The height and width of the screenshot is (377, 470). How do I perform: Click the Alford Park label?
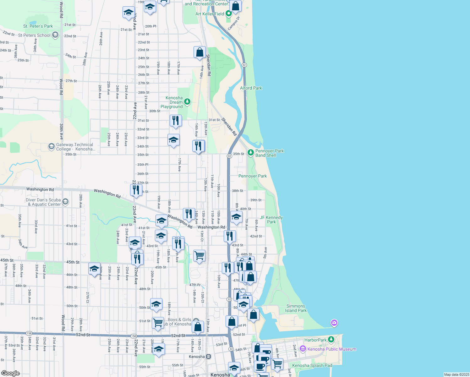pyautogui.click(x=251, y=88)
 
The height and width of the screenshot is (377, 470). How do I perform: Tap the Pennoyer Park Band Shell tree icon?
pyautogui.click(x=250, y=153)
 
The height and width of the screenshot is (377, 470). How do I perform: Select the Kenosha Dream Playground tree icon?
pyautogui.click(x=187, y=101)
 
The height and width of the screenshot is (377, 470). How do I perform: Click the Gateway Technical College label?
pyautogui.click(x=75, y=147)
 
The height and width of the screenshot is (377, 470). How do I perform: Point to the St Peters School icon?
pyautogui.click(x=55, y=35)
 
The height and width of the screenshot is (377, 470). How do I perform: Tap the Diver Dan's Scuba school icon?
pyautogui.click(x=65, y=202)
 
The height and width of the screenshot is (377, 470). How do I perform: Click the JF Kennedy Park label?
pyautogui.click(x=271, y=220)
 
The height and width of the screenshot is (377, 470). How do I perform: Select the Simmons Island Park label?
pyautogui.click(x=296, y=308)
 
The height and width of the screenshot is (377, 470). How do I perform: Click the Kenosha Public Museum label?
pyautogui.click(x=332, y=349)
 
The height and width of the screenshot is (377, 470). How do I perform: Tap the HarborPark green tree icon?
pyautogui.click(x=331, y=340)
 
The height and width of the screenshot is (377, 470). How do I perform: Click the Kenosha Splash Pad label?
pyautogui.click(x=312, y=365)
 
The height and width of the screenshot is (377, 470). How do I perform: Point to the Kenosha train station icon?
pyautogui.click(x=208, y=357)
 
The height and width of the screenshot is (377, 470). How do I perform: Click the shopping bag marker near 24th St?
pyautogui.click(x=199, y=52)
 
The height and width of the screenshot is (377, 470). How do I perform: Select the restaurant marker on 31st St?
pyautogui.click(x=176, y=121)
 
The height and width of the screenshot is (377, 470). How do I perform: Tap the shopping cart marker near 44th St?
pyautogui.click(x=199, y=256)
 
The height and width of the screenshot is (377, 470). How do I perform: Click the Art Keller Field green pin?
pyautogui.click(x=228, y=14)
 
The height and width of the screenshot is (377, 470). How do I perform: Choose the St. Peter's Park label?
pyautogui.click(x=38, y=26)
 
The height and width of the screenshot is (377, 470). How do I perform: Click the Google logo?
pyautogui.click(x=10, y=373)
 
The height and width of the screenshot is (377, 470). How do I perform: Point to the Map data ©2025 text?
pyautogui.click(x=456, y=374)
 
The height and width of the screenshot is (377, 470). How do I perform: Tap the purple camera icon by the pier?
pyautogui.click(x=334, y=323)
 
